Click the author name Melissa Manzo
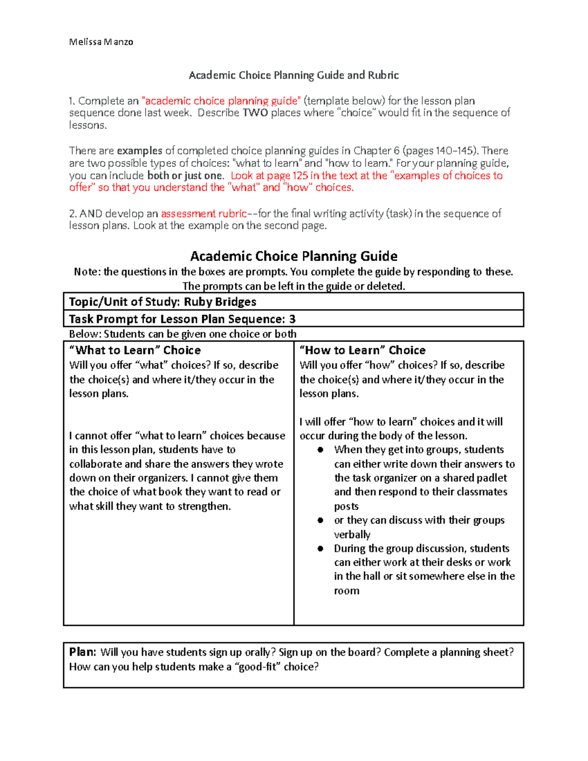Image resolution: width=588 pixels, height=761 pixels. click(x=101, y=42)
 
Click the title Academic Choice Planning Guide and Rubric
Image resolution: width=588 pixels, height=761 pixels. click(x=294, y=75)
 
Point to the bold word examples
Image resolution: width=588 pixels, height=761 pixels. click(x=139, y=151)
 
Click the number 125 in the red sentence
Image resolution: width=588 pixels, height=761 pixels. click(x=300, y=175)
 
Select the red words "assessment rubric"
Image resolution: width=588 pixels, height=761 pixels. click(x=203, y=214)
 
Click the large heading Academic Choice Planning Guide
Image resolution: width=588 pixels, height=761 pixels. click(x=294, y=256)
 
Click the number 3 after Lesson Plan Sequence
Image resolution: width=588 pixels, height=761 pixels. click(x=292, y=319)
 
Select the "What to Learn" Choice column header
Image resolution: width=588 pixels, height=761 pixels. click(x=135, y=350)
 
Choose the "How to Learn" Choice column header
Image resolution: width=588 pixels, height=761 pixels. click(x=363, y=350)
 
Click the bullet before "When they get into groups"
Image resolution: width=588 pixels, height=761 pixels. click(x=320, y=450)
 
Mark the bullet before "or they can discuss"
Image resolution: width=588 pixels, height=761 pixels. click(x=320, y=520)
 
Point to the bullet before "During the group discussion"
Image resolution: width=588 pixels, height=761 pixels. click(x=320, y=549)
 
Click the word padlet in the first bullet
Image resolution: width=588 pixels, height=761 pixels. click(x=491, y=478)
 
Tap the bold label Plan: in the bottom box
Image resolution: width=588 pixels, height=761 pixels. click(x=82, y=652)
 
